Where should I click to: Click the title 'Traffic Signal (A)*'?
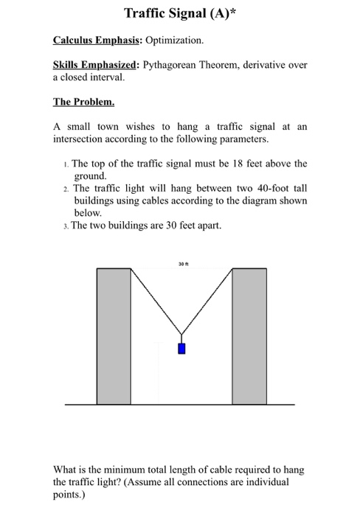(179, 13)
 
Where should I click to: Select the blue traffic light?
(181, 349)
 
